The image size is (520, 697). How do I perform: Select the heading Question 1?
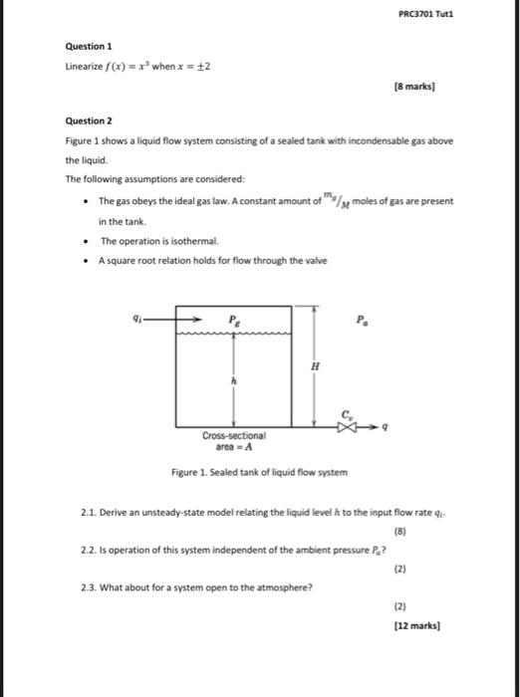89,47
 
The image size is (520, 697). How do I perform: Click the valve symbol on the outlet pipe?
346,424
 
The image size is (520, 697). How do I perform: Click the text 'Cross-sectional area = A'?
234,442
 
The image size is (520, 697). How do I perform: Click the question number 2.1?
93,512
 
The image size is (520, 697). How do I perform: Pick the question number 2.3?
93,586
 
